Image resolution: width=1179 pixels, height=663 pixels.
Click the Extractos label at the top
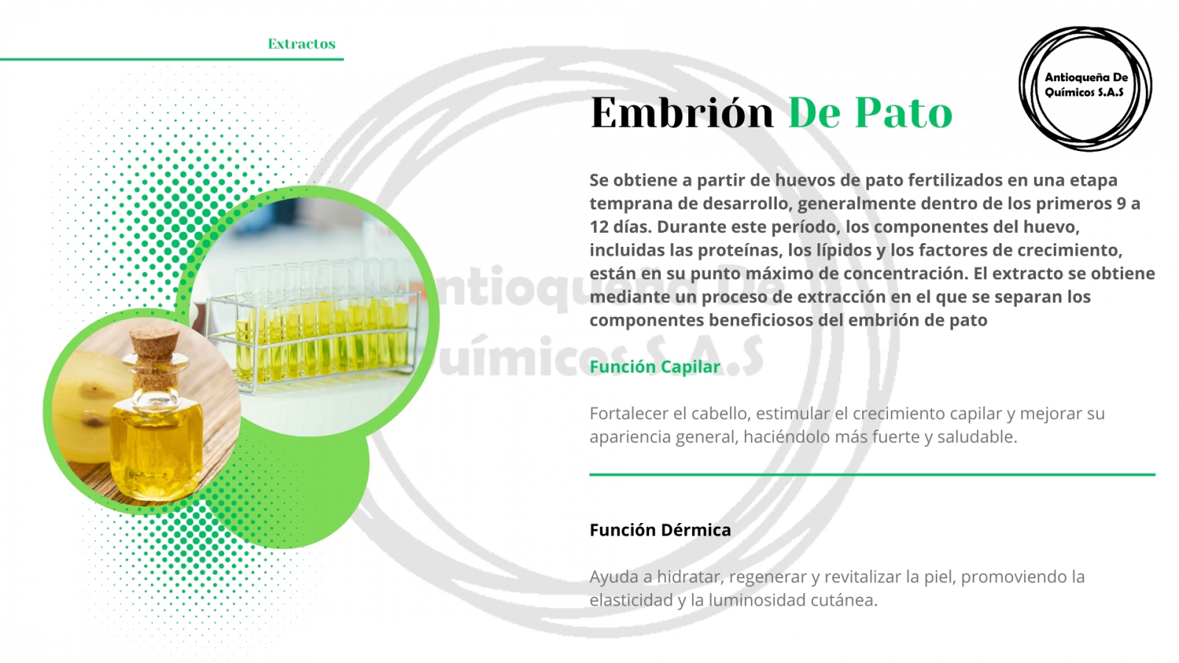point(301,43)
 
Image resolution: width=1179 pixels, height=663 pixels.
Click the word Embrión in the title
point(682,112)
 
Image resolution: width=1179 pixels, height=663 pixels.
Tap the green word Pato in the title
point(903,112)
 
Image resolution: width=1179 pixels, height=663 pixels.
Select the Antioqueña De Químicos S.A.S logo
point(1086,88)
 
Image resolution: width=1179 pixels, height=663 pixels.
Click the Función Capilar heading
point(655,366)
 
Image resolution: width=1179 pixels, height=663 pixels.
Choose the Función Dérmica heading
point(660,530)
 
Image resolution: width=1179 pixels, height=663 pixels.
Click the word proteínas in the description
point(740,250)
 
